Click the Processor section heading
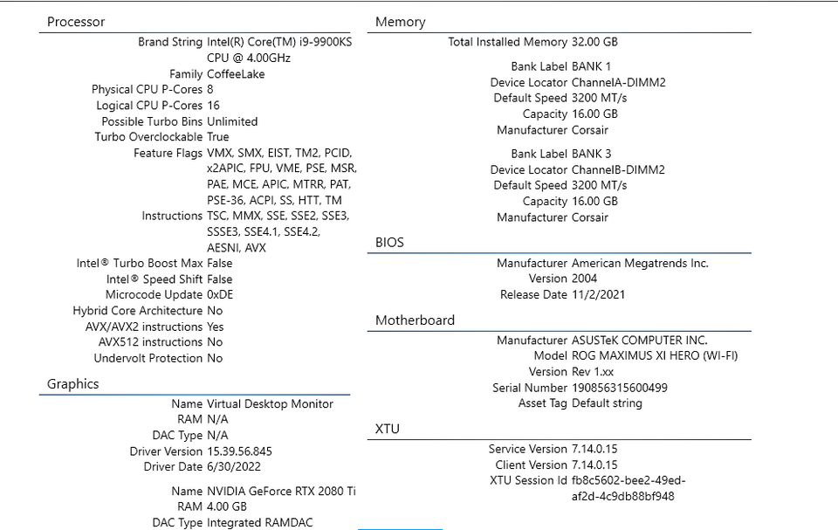click(76, 22)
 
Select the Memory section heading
click(401, 22)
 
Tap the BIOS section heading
click(389, 242)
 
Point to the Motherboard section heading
click(415, 320)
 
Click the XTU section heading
click(388, 429)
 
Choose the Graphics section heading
click(72, 384)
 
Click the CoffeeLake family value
click(236, 74)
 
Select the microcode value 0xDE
click(220, 294)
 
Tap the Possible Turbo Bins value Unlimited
click(232, 121)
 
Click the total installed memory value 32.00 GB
click(594, 42)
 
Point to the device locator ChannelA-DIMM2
click(618, 82)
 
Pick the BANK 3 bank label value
click(591, 154)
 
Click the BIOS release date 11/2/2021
click(598, 294)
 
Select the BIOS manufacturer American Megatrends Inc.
click(640, 263)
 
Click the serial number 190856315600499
click(620, 388)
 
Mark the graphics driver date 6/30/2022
click(234, 466)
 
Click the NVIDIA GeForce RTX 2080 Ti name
click(281, 491)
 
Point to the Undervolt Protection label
click(148, 358)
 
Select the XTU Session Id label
click(528, 480)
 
